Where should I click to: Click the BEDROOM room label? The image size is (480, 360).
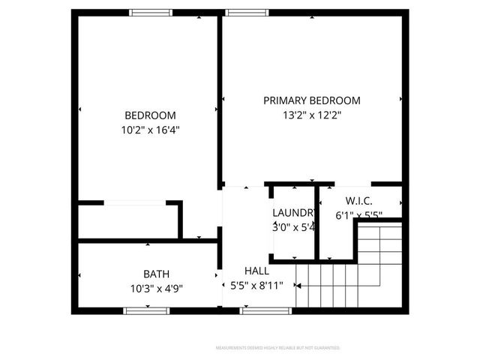point(150,115)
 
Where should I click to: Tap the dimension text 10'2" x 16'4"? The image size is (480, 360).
point(150,130)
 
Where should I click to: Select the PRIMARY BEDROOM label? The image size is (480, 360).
point(311,100)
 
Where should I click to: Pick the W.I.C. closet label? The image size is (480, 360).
point(359,201)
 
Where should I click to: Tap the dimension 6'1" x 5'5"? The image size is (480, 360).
point(359,215)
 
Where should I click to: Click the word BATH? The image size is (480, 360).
point(156,274)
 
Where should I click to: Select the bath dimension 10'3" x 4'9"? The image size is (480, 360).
point(156,287)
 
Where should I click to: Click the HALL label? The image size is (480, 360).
point(256,271)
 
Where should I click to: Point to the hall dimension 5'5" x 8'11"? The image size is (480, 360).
point(256,285)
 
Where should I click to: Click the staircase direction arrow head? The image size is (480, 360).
point(298,285)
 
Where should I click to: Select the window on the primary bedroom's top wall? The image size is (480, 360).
point(248,12)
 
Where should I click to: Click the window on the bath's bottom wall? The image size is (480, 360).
point(142,310)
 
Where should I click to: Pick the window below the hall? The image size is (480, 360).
point(256,310)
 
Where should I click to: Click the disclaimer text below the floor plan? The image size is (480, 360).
point(277,348)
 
